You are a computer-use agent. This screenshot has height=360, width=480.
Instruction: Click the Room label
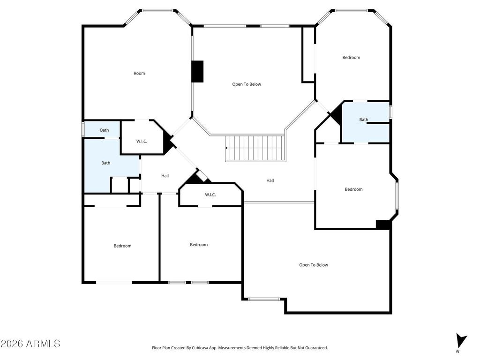(139, 74)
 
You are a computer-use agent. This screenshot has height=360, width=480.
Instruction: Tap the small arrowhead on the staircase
(226, 148)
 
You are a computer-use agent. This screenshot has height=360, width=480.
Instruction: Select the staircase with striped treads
(255, 148)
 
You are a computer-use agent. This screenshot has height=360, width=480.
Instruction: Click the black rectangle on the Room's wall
(197, 71)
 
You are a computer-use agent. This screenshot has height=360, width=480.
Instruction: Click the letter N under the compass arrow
(457, 352)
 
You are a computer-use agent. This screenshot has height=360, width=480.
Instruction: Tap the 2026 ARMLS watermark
(30, 344)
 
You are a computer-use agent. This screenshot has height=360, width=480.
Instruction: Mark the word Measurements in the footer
(231, 348)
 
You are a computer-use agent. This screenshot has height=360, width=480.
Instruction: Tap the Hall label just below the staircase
(270, 180)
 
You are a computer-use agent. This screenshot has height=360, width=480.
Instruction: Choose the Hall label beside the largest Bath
(165, 176)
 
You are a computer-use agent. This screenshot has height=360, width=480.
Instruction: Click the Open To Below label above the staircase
(247, 84)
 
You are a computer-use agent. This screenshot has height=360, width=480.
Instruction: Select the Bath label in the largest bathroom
(106, 163)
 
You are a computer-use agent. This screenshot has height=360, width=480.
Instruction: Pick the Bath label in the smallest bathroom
(105, 130)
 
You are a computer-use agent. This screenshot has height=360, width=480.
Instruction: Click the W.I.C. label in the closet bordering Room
(142, 141)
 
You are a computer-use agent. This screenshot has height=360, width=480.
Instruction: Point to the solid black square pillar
(383, 225)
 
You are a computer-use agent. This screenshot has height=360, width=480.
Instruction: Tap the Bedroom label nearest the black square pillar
(353, 189)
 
